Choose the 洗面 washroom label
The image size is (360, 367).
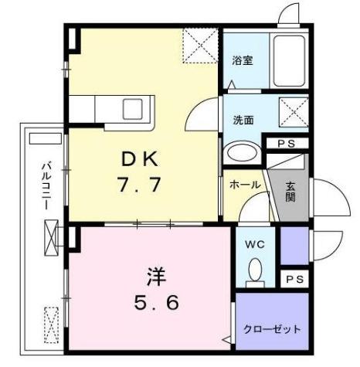[x=243, y=120]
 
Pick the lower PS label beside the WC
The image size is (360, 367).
[x=293, y=279]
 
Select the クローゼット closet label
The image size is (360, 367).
[x=273, y=328]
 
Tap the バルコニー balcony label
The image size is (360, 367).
[x=46, y=188]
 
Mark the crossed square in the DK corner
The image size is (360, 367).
[x=201, y=47]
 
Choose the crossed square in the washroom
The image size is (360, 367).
[x=292, y=113]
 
